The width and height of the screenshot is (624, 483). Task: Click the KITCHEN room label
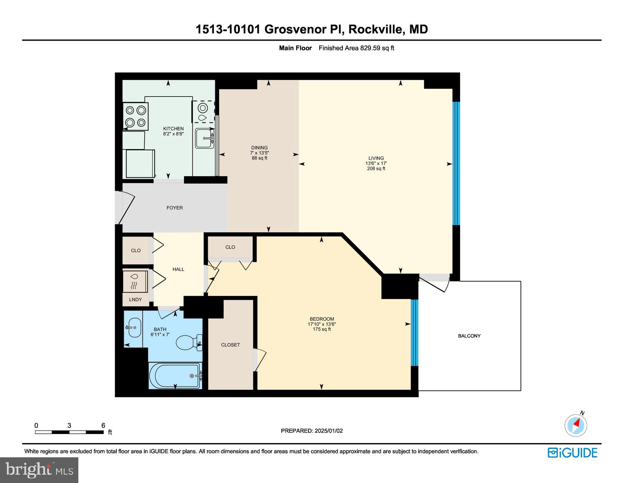(173, 129)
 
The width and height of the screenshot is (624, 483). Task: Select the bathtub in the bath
(175, 376)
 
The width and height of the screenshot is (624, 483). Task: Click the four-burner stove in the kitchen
(136, 116)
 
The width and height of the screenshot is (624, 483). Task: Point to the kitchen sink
(205, 138)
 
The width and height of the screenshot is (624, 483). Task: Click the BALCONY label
(469, 336)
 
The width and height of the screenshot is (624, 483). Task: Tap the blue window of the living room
(457, 163)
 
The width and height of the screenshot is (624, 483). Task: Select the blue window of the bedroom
(414, 333)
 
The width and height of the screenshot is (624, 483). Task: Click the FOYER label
(174, 208)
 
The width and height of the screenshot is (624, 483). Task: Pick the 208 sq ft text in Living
(376, 169)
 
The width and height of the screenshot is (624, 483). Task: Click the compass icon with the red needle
(575, 425)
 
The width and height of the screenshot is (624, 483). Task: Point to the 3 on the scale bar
(69, 426)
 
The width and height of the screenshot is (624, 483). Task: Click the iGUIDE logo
(572, 453)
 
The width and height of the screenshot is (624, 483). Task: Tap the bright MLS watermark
(39, 470)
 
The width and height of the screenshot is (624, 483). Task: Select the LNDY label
(135, 299)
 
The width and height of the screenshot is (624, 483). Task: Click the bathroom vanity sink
(134, 327)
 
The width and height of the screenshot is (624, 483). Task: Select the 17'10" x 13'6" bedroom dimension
(322, 324)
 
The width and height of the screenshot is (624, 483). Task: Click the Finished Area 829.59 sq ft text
(356, 48)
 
